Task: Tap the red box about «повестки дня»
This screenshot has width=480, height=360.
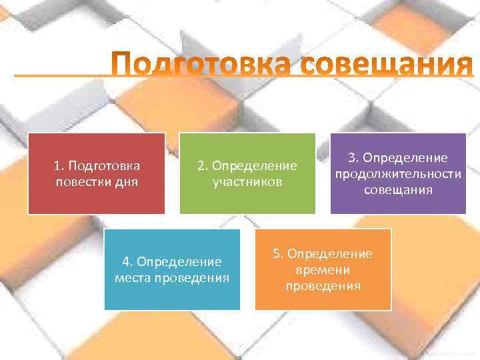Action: click(x=96, y=173)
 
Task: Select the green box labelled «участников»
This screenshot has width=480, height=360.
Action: click(x=247, y=173)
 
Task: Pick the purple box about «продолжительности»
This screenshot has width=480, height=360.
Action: click(x=398, y=173)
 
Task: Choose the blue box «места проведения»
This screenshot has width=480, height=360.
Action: click(x=172, y=269)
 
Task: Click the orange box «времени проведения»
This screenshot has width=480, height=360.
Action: click(x=323, y=269)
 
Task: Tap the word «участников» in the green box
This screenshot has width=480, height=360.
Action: click(x=247, y=181)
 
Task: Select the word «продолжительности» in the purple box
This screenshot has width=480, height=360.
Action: click(x=398, y=174)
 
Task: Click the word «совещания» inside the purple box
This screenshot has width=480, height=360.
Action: click(x=398, y=190)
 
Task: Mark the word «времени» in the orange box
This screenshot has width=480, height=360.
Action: click(x=323, y=270)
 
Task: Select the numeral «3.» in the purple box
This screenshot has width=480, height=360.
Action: click(x=353, y=158)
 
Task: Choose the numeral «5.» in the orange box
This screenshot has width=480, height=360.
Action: click(x=278, y=254)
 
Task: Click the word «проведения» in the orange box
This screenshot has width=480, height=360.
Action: click(x=323, y=286)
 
